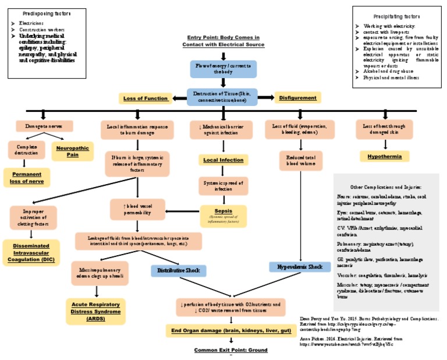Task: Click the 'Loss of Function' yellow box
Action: tap(146, 98)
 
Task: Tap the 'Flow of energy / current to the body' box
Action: tap(223, 69)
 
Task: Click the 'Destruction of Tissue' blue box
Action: tap(223, 97)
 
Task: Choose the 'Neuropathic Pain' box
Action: tap(72, 151)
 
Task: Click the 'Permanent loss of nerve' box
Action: tap(27, 178)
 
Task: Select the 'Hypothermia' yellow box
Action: tap(385, 156)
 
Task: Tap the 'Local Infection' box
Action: tap(223, 160)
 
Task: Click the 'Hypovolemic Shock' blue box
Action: tap(299, 267)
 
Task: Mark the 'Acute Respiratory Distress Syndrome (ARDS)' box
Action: tap(96, 311)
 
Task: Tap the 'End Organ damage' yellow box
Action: tap(223, 331)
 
